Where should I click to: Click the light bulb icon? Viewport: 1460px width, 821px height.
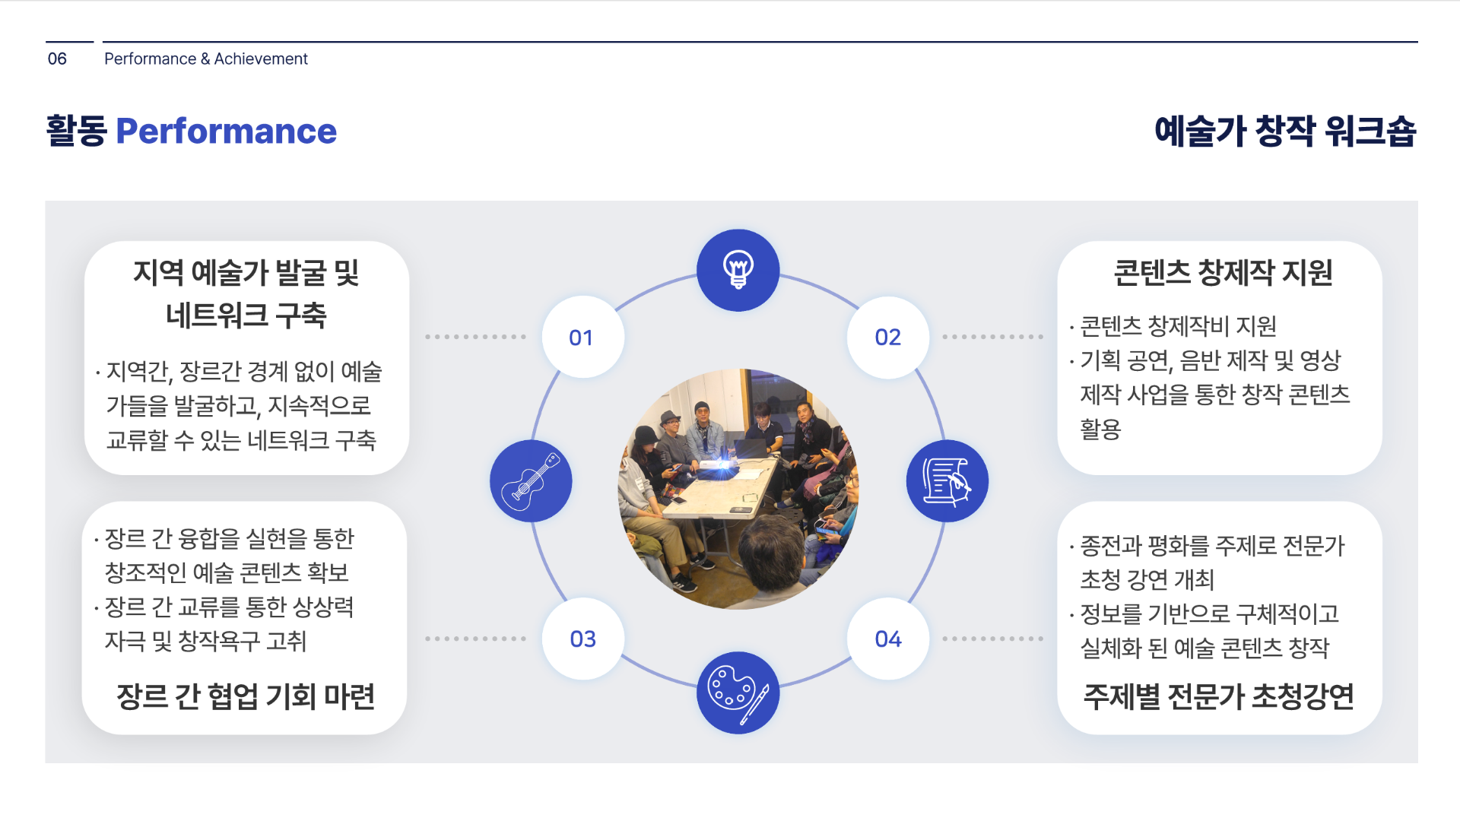point(738,271)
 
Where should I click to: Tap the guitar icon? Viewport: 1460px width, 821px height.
point(531,481)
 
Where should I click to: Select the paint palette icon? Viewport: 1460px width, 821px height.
point(738,693)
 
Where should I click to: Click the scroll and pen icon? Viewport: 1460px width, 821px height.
point(947,481)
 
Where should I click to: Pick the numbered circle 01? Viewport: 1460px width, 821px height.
point(582,337)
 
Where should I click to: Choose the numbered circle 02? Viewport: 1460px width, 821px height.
point(887,337)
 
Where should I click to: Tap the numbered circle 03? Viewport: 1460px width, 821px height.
point(582,639)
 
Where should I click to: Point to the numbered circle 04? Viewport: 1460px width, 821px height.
point(887,639)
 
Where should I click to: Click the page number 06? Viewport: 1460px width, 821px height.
point(57,59)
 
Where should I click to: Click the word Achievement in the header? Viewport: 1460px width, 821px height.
point(261,59)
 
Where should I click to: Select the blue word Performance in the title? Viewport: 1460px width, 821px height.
point(226,132)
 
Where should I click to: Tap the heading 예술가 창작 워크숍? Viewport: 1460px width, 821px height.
point(1285,132)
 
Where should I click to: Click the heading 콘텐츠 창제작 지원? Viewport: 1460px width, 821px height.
point(1223,273)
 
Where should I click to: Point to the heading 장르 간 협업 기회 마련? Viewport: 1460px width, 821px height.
point(245,696)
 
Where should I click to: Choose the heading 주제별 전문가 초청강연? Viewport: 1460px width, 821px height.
point(1218,696)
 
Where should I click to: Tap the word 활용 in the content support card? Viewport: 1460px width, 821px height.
point(1100,429)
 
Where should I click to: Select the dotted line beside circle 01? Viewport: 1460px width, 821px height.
point(476,337)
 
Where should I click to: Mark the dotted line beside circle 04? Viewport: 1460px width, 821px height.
point(992,639)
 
